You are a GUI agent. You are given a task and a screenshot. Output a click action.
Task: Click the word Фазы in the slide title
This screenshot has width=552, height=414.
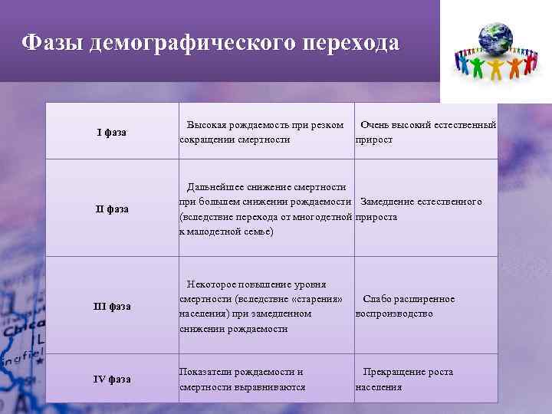pos(52,42)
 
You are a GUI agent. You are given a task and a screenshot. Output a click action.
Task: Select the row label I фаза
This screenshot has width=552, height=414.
pos(112,133)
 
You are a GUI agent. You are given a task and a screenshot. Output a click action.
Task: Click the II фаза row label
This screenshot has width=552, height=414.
pos(112,209)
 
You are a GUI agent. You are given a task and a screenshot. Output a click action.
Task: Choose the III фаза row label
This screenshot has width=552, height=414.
pos(112,307)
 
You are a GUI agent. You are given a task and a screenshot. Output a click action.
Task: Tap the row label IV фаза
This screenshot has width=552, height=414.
pos(112,379)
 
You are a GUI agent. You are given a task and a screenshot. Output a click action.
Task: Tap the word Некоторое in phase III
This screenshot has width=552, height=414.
pos(212,284)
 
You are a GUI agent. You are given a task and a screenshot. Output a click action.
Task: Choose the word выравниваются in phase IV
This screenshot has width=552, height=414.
pos(271,387)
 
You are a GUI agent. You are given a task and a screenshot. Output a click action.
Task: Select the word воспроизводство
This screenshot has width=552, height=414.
pos(394,314)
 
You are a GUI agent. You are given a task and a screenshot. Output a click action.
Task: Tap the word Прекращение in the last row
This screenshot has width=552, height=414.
pos(393,372)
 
